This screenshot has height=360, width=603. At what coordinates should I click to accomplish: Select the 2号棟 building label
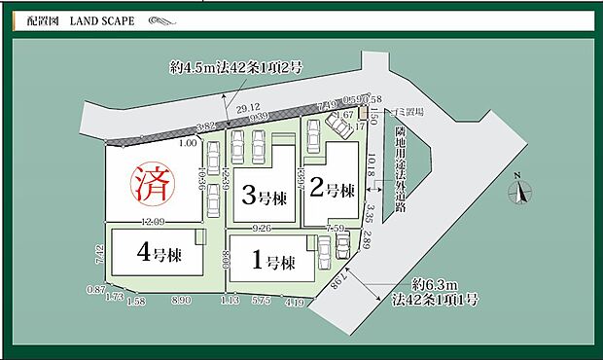pyautogui.click(x=336, y=189)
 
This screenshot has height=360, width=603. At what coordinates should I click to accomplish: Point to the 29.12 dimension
pyautogui.click(x=249, y=108)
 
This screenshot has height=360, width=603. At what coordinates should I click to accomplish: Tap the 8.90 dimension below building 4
pyautogui.click(x=181, y=303)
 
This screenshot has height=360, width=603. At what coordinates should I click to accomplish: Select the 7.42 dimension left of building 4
pyautogui.click(x=101, y=256)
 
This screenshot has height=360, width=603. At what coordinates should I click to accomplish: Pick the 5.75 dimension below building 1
pyautogui.click(x=260, y=302)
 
